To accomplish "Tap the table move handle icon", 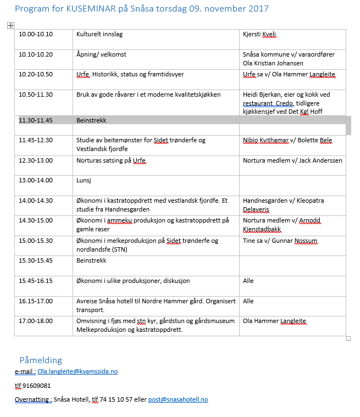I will point(10,25).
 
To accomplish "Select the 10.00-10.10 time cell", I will point(36,34).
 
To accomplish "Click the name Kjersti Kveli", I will point(259,34).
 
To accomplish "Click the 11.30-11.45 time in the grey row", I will point(36,120).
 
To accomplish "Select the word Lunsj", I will point(84,180).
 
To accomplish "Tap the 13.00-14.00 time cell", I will point(36,180).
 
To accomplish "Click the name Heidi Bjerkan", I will point(264,94).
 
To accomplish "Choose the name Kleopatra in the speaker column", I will point(311,201).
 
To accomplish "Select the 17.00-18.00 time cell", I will point(36,321).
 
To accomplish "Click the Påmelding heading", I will point(41,360).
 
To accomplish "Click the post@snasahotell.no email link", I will point(178,399).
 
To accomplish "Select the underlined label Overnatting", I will point(32,399).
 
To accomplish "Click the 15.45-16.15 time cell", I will point(36,281).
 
